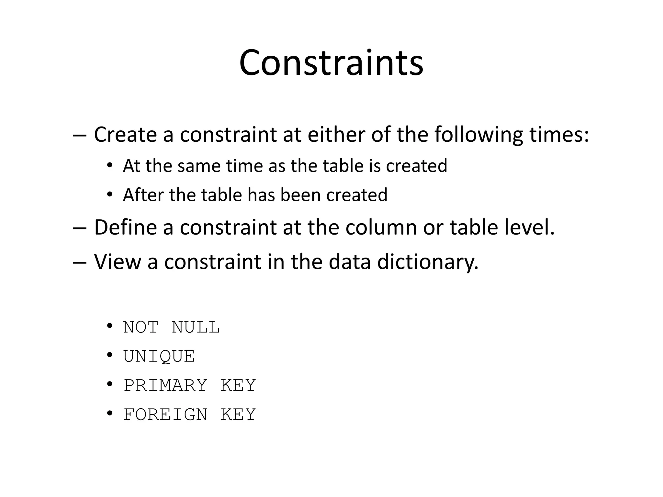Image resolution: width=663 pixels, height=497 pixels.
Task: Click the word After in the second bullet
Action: point(143,195)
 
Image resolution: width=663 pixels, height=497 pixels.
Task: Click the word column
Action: point(381,227)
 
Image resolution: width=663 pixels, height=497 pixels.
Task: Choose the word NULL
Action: point(196,327)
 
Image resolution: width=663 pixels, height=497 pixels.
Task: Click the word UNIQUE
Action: point(159,357)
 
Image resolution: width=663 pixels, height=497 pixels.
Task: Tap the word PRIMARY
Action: point(165,386)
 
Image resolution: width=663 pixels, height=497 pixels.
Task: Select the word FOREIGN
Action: point(165,415)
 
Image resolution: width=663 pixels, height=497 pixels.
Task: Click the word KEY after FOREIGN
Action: point(238,415)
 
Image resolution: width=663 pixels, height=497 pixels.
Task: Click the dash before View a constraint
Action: point(80,262)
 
